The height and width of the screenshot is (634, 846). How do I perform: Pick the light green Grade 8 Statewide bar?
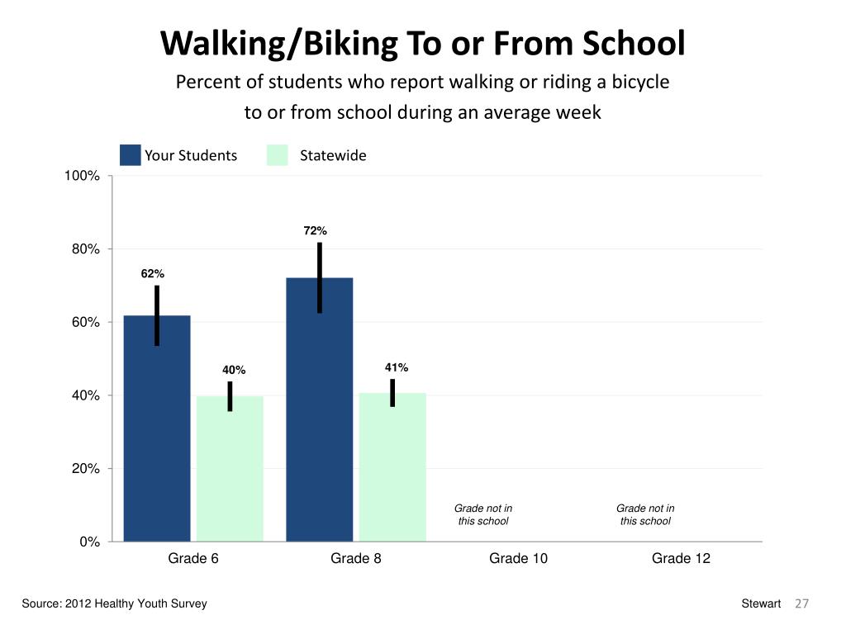392,466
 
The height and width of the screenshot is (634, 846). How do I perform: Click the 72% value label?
316,230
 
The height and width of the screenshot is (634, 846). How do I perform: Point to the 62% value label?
152,273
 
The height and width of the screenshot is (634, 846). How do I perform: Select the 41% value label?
397,367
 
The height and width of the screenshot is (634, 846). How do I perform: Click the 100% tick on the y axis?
83,176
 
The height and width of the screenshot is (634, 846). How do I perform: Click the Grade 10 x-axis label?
518,559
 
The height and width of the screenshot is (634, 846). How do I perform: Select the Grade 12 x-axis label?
681,559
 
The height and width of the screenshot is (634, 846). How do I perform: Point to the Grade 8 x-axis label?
356,559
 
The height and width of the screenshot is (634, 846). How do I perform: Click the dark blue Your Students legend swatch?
131,155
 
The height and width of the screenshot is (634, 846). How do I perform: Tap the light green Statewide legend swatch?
278,155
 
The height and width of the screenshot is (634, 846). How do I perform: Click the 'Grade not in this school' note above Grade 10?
483,514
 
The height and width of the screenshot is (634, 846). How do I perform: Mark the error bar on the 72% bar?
319,277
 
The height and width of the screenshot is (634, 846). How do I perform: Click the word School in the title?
634,44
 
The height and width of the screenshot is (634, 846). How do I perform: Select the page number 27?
801,604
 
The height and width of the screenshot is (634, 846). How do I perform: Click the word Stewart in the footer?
761,604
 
